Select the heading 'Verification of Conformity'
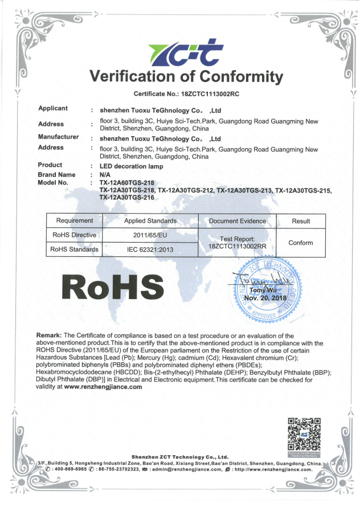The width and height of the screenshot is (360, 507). pos(186,76)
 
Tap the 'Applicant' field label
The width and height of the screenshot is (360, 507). pos(53,108)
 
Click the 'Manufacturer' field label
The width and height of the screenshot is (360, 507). pos(58,137)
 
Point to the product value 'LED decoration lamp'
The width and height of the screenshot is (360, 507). pos(132,166)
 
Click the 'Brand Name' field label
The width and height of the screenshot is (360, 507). pos(56,175)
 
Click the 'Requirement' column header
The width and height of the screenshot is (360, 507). pos(74,221)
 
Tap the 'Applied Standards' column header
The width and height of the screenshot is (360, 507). pos(150,221)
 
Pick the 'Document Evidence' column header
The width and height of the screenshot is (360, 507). pos(238,221)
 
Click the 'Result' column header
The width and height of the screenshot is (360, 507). pos(301,221)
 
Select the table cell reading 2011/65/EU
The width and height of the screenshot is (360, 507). pos(150,235)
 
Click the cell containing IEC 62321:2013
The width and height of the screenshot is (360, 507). pos(150,250)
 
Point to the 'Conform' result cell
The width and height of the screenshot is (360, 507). pos(301,243)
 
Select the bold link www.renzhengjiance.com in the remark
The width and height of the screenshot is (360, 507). pos(103,387)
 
